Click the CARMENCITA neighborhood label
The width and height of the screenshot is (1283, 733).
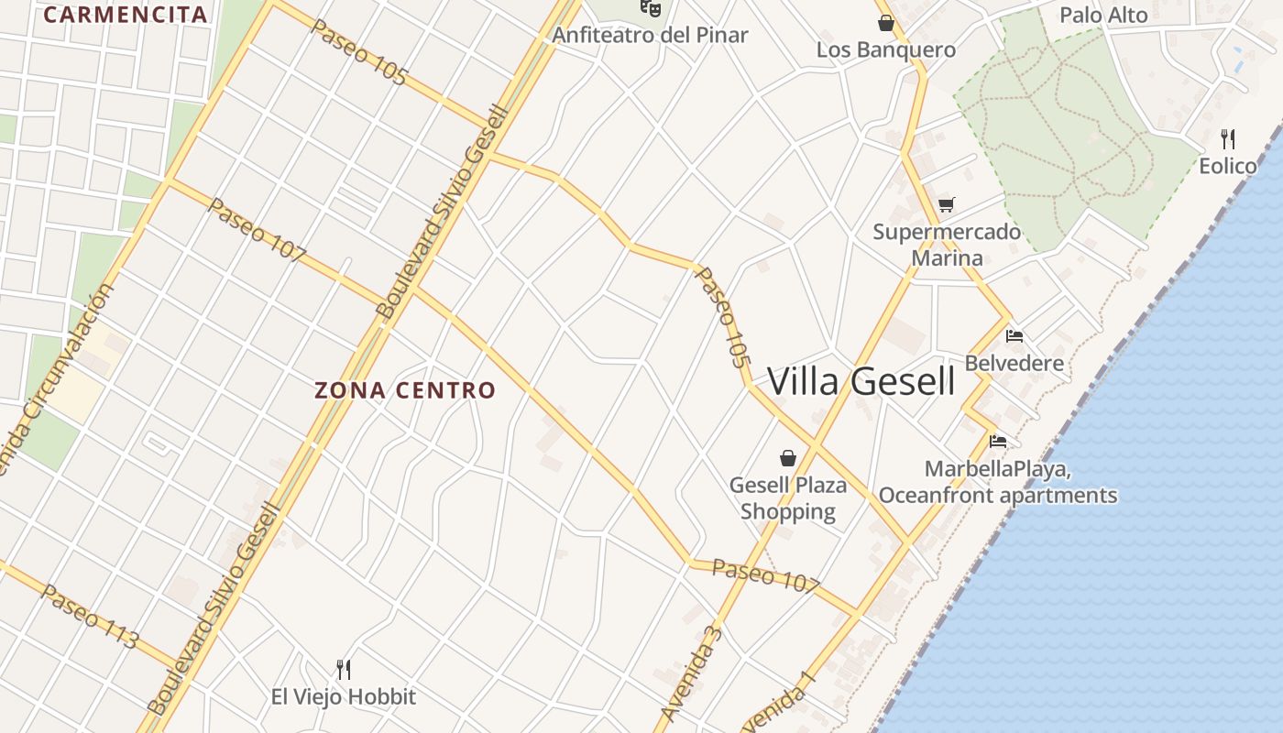[x=125, y=15]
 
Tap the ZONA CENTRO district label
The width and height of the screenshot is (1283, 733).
[x=405, y=390]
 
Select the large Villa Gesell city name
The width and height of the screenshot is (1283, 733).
[x=861, y=381]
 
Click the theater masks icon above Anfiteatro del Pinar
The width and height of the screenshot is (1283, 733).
[x=651, y=8]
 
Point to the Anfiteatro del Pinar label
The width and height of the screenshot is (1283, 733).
[x=650, y=36]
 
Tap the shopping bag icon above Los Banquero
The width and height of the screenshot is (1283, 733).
[x=885, y=23]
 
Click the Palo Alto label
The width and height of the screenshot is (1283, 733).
[x=1103, y=15]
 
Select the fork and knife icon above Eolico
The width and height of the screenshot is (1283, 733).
[x=1228, y=139]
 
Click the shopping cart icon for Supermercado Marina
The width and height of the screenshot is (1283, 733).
[x=947, y=204]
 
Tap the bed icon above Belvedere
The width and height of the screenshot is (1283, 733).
[x=1014, y=336]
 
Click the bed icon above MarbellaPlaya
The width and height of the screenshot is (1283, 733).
[x=998, y=442]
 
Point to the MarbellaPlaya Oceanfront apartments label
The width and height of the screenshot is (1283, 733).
[x=998, y=483]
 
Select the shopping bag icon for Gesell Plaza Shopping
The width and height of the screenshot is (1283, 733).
[x=788, y=457]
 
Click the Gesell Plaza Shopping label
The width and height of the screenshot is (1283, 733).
[x=788, y=498]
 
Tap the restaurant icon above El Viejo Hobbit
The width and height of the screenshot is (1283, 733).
[x=344, y=670]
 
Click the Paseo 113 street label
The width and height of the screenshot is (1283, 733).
[x=89, y=617]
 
